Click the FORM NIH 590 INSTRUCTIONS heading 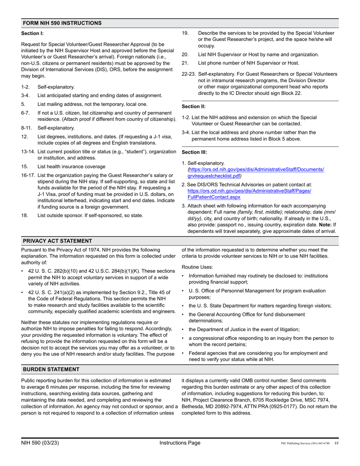point(62,23)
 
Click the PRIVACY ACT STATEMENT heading point(57,241)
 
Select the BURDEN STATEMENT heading point(51,369)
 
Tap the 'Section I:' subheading point(33,33)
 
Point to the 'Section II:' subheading point(194,106)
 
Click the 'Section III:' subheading point(194,152)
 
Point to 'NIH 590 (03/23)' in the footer point(40,443)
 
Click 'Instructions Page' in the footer point(180,443)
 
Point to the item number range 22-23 point(189,74)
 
